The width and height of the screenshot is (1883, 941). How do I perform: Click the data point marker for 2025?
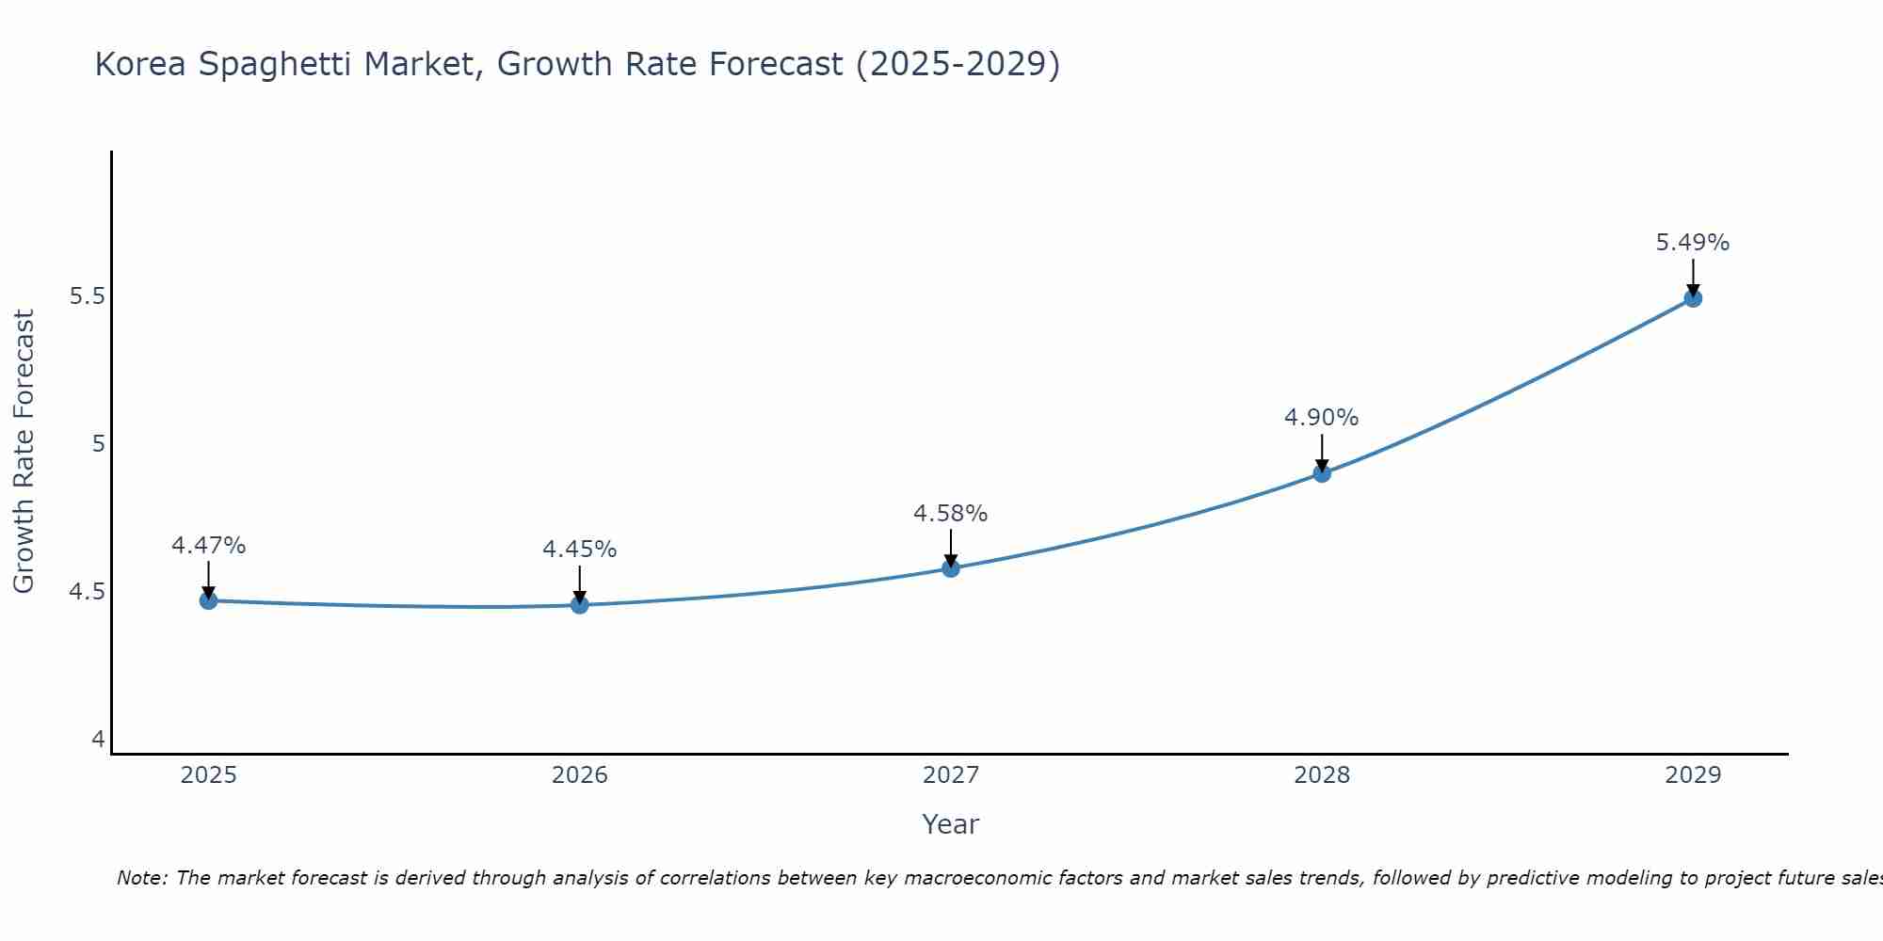(x=209, y=600)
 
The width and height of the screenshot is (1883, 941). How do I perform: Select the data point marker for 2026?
(x=580, y=604)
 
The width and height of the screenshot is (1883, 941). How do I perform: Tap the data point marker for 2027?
(x=951, y=568)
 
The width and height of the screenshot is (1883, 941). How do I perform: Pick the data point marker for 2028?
(x=1322, y=473)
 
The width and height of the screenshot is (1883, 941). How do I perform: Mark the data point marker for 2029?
(x=1693, y=298)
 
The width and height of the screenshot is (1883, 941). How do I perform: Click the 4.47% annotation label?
(x=209, y=546)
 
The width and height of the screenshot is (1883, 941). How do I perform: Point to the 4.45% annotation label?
(x=580, y=550)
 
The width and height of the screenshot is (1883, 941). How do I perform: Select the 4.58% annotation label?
(x=951, y=514)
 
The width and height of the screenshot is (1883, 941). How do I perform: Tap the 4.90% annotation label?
(x=1322, y=418)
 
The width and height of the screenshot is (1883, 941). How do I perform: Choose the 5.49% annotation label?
(x=1693, y=243)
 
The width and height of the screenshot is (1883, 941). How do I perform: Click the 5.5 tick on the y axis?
(x=88, y=296)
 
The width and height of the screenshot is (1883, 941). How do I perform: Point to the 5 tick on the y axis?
(x=99, y=444)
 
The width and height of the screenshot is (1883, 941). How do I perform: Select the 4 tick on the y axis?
(x=99, y=740)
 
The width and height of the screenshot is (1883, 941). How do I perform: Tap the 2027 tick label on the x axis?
(x=951, y=775)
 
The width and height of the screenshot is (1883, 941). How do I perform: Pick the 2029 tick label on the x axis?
(x=1693, y=775)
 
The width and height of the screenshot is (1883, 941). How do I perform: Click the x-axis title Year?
(x=951, y=824)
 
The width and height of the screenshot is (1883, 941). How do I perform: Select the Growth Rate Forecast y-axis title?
(x=24, y=452)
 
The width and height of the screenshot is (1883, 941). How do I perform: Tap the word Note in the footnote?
(x=141, y=878)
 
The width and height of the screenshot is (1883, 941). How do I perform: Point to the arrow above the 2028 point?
(x=1322, y=452)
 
